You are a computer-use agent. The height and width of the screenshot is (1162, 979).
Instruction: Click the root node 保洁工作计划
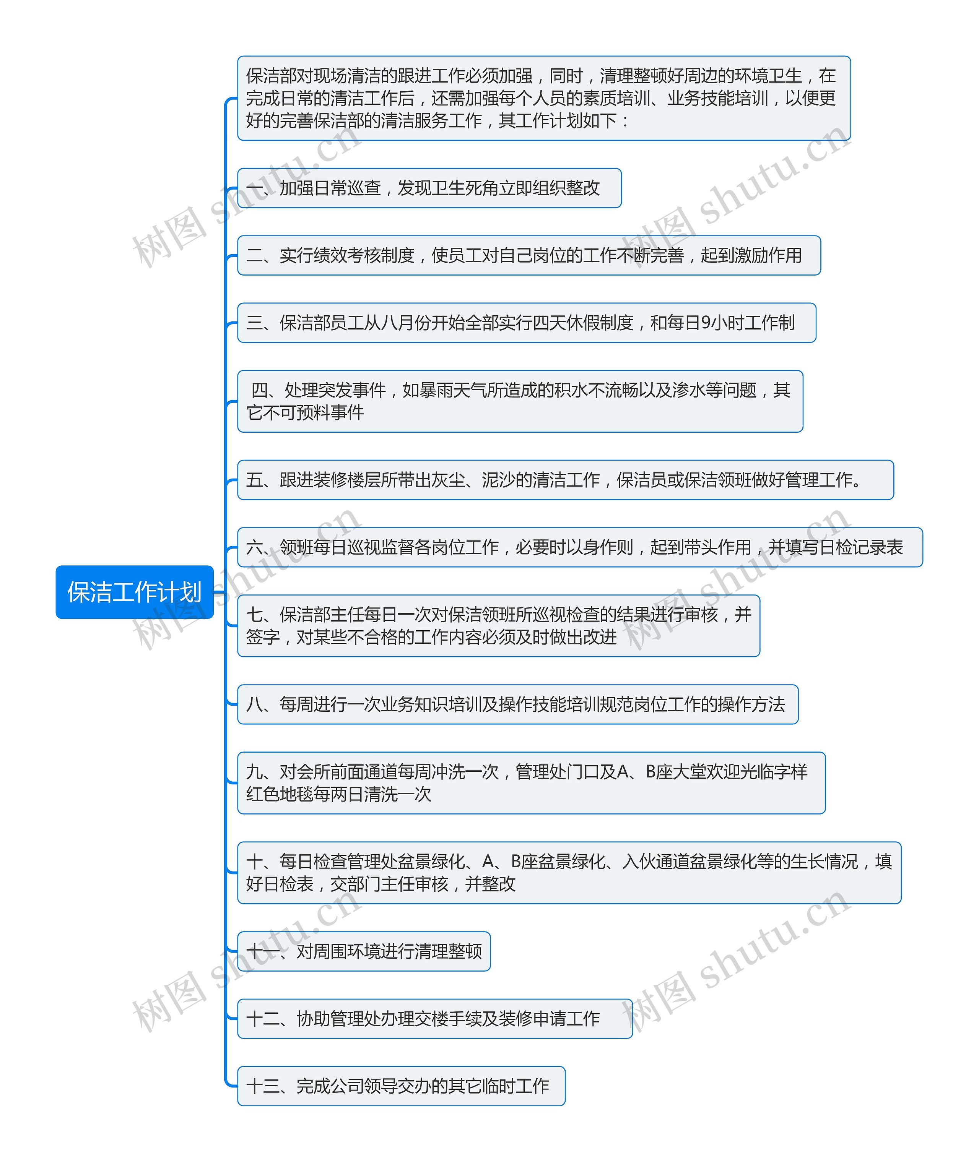[x=134, y=592]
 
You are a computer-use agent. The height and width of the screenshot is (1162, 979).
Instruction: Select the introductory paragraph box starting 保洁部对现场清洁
[x=543, y=98]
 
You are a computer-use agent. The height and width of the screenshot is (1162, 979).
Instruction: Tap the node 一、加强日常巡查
[x=429, y=188]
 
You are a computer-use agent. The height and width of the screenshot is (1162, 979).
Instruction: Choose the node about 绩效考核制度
[x=529, y=255]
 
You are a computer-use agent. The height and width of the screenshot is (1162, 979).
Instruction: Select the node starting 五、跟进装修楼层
[x=565, y=480]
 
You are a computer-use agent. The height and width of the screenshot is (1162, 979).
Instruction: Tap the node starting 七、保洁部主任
[x=498, y=626]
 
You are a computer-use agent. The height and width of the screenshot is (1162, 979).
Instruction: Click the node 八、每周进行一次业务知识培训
[x=517, y=704]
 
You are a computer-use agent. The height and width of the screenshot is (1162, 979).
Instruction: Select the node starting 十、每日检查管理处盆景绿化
[x=569, y=873]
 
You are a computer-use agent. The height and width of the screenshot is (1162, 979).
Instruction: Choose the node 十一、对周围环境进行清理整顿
[x=364, y=951]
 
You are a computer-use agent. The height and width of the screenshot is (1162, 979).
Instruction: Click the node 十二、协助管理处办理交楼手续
[x=434, y=1018]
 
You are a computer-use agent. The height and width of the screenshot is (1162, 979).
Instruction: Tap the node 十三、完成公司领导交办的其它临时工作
[x=401, y=1086]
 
